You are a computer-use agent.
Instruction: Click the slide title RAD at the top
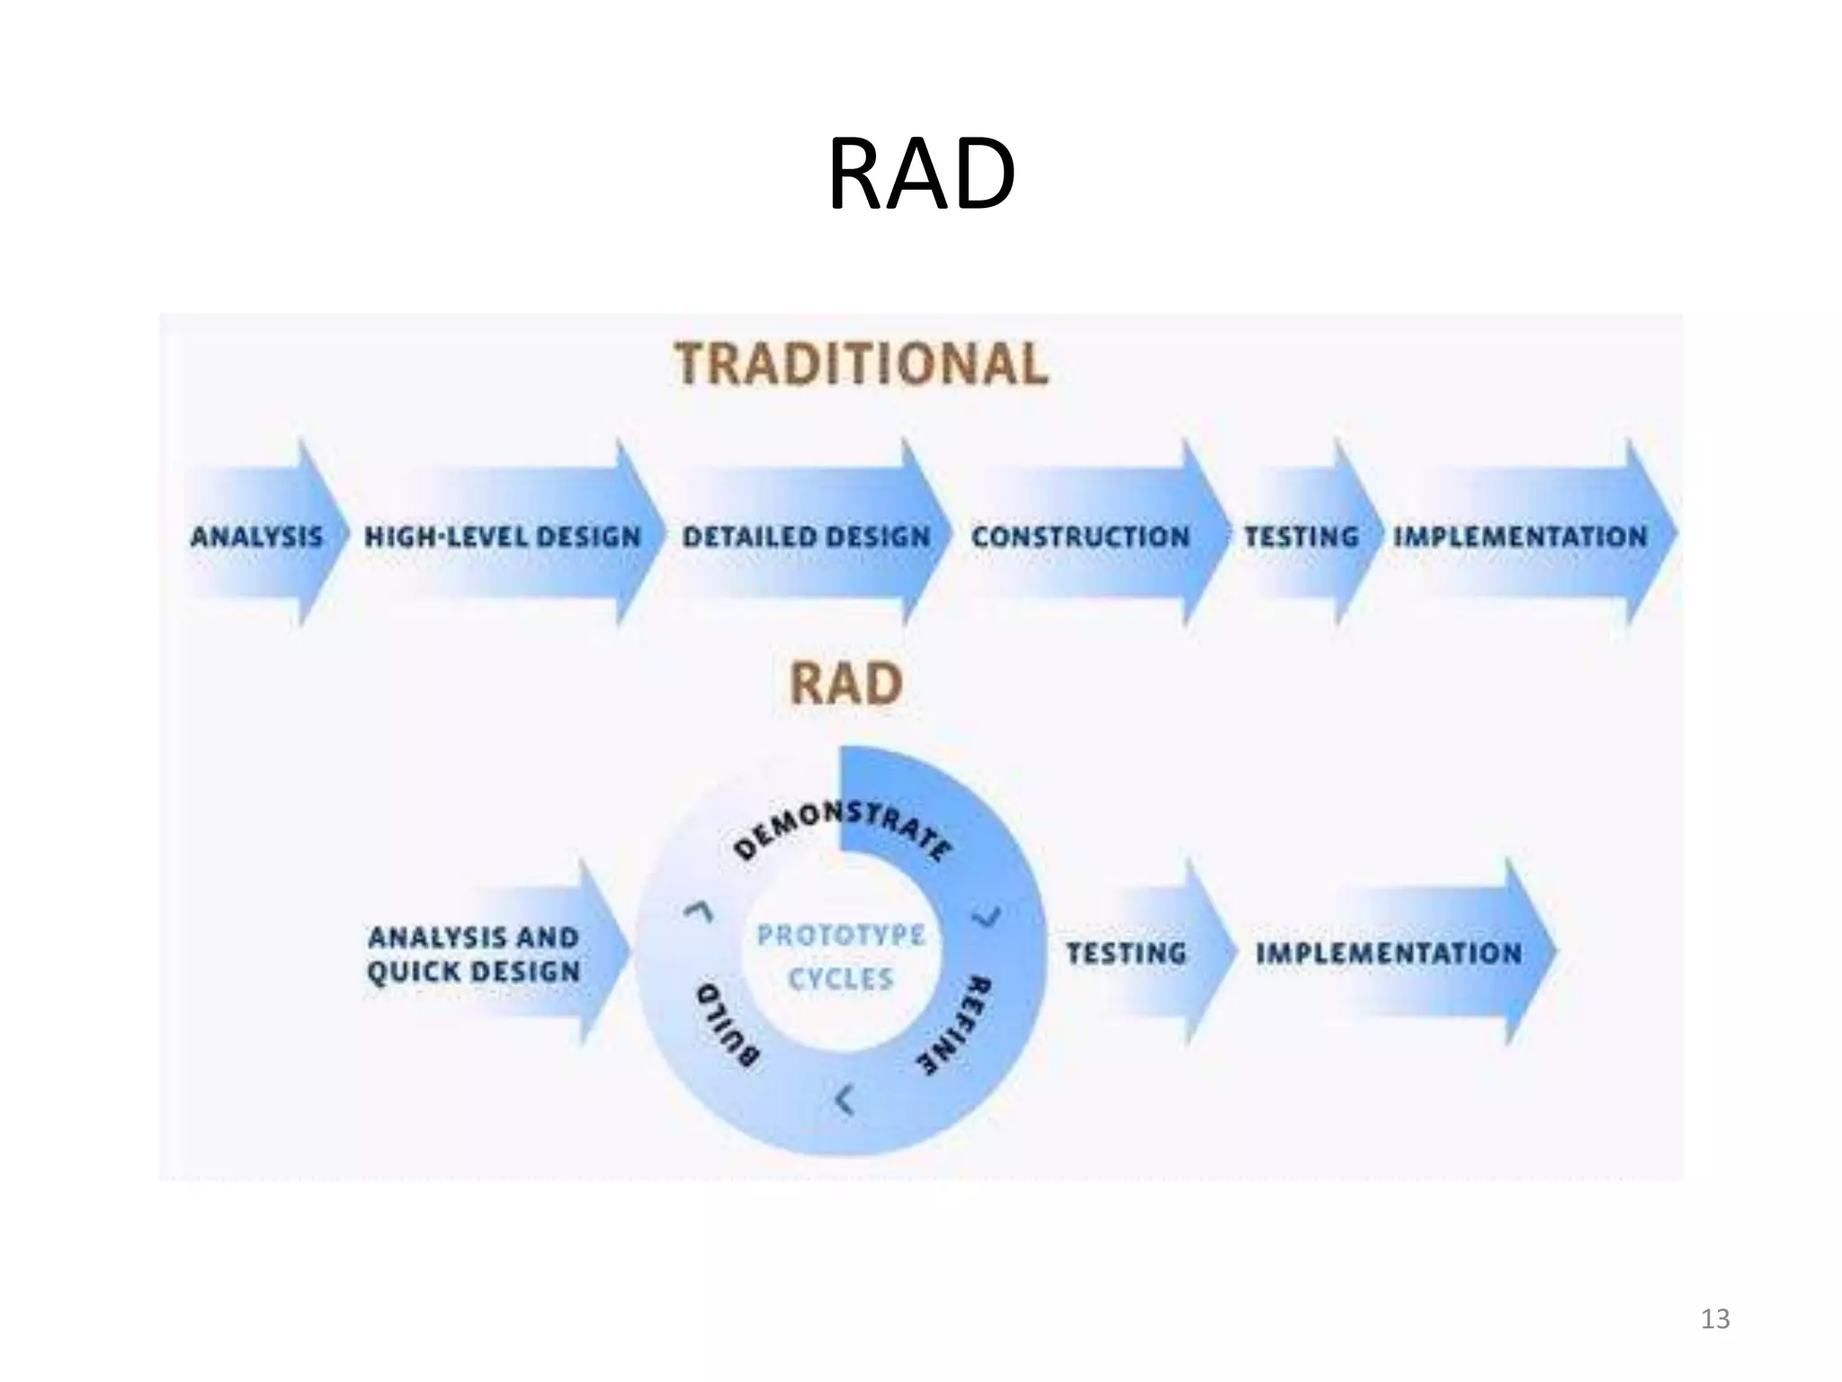(x=921, y=175)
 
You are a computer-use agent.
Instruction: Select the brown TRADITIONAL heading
(x=862, y=364)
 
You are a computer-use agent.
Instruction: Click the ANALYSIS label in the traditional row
(x=256, y=537)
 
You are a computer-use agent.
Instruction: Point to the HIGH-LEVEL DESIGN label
(x=502, y=537)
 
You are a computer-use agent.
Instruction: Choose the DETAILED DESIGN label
(x=806, y=537)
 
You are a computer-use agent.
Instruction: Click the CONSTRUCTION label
(x=1080, y=537)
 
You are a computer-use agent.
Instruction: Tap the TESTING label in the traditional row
(x=1301, y=537)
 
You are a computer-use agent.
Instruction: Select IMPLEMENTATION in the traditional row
(x=1520, y=537)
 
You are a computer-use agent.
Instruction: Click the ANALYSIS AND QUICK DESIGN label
(x=473, y=955)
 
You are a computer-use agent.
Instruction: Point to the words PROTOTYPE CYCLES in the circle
(x=841, y=956)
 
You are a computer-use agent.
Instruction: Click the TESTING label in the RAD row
(x=1126, y=953)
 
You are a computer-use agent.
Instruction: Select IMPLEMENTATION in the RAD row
(x=1389, y=953)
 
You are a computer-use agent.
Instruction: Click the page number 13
(x=1715, y=1319)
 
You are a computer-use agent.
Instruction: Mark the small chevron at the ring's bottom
(x=844, y=1099)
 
